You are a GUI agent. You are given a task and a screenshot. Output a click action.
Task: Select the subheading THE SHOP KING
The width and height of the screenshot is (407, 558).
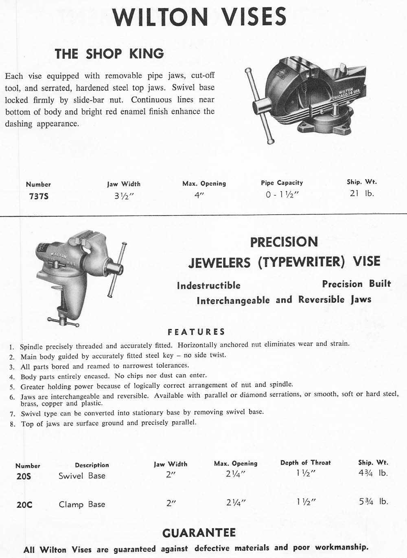(x=109, y=53)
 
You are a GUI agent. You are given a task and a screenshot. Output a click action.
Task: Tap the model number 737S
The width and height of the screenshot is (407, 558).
(x=39, y=196)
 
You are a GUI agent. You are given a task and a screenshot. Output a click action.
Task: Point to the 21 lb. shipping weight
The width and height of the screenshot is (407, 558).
(x=361, y=193)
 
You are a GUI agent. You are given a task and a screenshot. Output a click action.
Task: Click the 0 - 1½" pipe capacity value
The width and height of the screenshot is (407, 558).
(x=282, y=195)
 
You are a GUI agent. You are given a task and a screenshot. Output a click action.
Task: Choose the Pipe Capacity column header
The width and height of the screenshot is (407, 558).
(x=282, y=183)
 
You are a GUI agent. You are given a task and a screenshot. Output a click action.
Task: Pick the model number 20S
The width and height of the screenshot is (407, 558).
(x=24, y=476)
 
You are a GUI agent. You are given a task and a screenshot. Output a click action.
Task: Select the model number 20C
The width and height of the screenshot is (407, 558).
(x=24, y=505)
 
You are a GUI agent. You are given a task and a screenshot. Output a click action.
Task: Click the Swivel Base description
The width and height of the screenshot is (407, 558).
(x=82, y=476)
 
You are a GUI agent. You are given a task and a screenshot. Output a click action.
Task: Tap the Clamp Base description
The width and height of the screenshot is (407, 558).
(x=82, y=504)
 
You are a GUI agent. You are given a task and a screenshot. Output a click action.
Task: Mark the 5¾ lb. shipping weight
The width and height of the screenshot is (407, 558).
(x=373, y=501)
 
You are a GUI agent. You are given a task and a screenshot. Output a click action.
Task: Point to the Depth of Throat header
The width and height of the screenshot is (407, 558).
(x=305, y=463)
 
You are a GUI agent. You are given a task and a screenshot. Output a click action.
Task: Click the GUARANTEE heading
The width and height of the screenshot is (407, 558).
(x=199, y=533)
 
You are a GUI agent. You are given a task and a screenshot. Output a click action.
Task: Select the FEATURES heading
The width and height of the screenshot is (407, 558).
(x=196, y=332)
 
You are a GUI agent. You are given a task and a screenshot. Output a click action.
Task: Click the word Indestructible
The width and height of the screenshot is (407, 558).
(x=208, y=286)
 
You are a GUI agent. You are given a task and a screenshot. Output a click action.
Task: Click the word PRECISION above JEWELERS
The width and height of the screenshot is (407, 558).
(x=284, y=242)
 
